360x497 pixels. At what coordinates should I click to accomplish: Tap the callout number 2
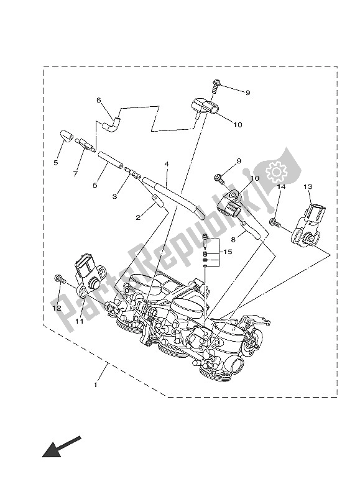click(x=138, y=218)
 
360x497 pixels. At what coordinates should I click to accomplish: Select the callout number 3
click(x=114, y=196)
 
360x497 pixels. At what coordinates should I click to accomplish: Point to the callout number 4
click(x=167, y=165)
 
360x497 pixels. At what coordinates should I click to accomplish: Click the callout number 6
click(x=98, y=101)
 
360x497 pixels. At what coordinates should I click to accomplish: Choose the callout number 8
click(x=234, y=238)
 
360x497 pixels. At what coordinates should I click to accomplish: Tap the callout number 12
click(x=57, y=308)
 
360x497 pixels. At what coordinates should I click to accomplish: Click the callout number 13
click(x=307, y=186)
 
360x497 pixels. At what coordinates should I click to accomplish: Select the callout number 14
click(x=281, y=186)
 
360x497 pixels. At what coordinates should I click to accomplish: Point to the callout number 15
click(x=227, y=252)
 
